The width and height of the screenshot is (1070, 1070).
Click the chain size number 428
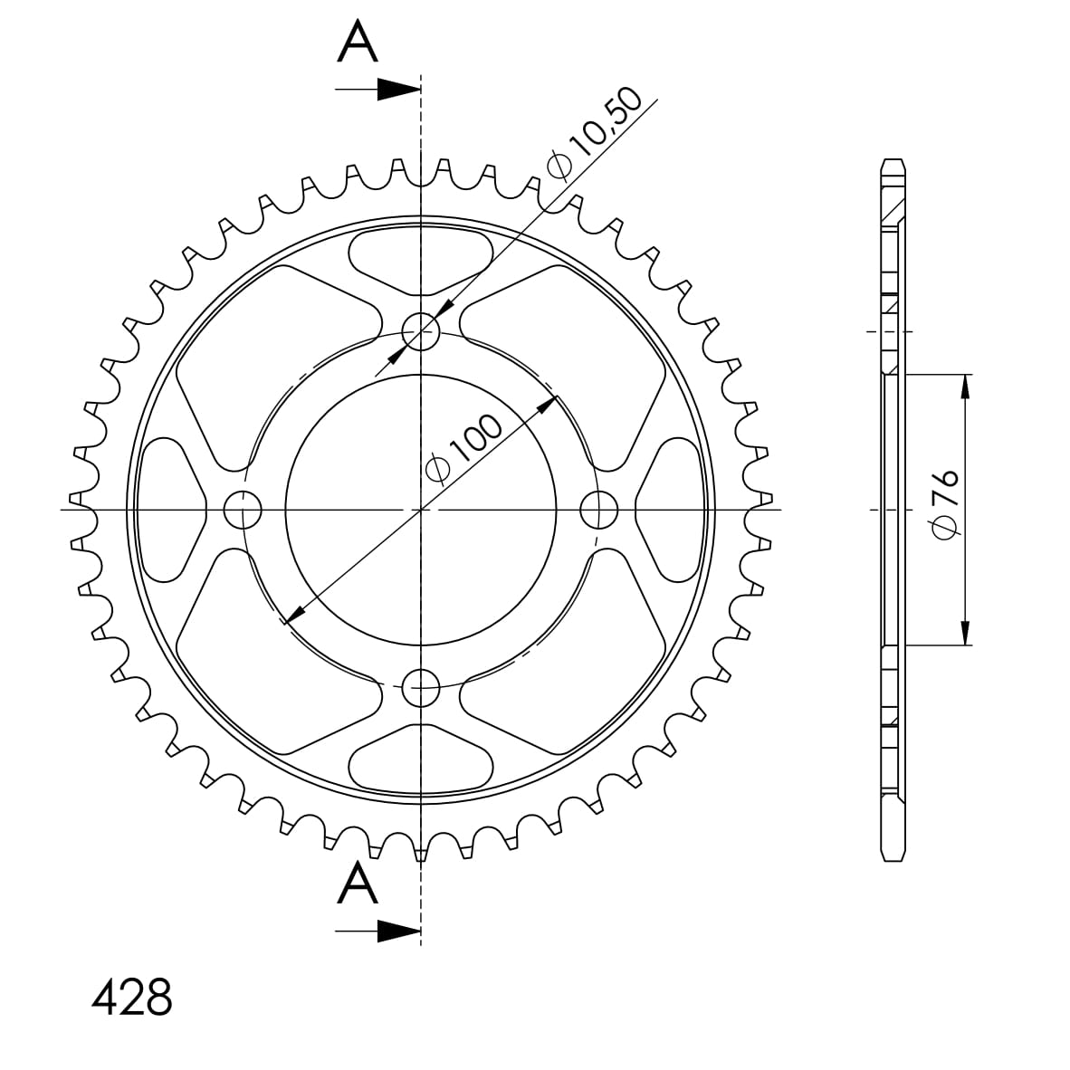[131, 997]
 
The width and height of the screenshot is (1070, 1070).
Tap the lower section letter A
[358, 883]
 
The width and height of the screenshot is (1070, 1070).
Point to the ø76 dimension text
[947, 503]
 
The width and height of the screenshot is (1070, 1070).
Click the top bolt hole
[420, 331]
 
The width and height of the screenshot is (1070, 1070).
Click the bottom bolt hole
[420, 688]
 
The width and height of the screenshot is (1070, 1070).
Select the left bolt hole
[243, 510]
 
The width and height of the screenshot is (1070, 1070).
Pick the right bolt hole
[598, 510]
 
